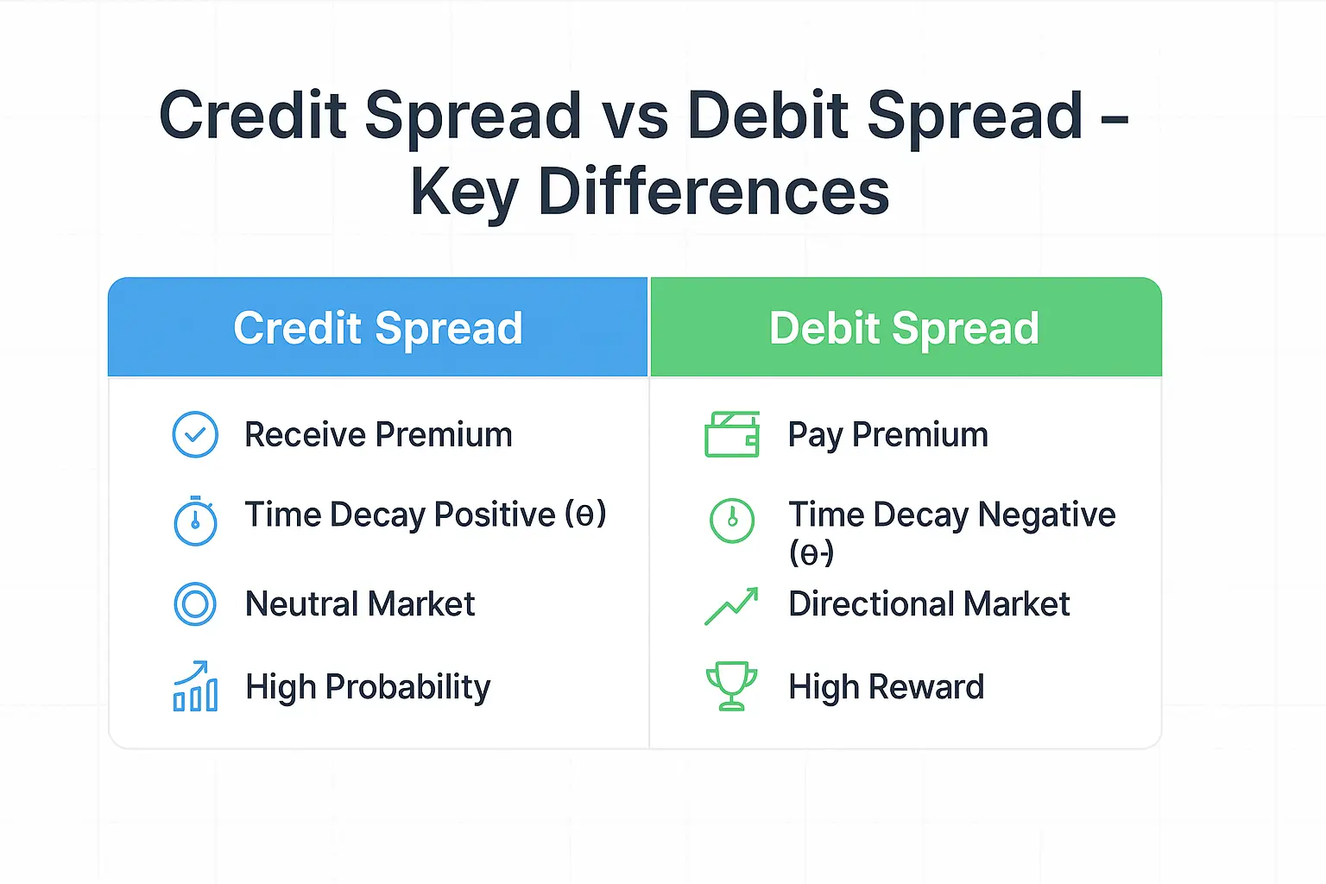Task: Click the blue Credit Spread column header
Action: (377, 328)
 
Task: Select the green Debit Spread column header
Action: (904, 328)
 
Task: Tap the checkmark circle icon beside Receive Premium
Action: (195, 434)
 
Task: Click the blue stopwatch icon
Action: (195, 521)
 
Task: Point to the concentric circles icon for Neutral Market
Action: (195, 603)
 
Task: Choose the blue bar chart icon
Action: (195, 687)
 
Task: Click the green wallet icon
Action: (731, 434)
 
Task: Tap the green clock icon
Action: (731, 521)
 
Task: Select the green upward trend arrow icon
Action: (731, 606)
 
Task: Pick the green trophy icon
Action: (731, 686)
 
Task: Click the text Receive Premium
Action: (378, 434)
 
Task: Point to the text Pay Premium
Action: (887, 434)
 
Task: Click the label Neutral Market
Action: (360, 603)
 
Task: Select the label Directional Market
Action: (929, 603)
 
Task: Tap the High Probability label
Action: (368, 687)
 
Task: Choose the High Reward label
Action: (886, 687)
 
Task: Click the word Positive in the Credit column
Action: (495, 515)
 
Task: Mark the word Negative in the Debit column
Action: (1046, 515)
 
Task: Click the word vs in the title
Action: (635, 116)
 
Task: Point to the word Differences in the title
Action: (713, 192)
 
